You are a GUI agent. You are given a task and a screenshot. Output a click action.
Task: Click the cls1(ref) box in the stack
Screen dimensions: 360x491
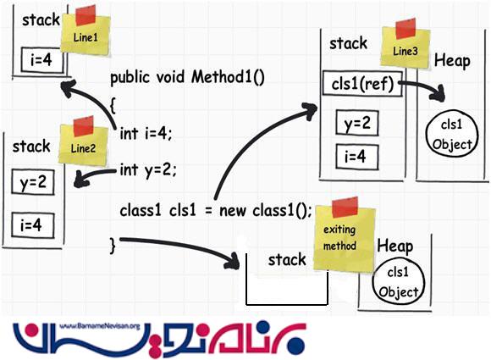click(360, 85)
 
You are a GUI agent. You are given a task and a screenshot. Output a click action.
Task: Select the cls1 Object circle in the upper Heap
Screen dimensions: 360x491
click(450, 134)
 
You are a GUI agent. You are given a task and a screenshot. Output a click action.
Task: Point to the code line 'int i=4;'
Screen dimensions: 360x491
click(146, 132)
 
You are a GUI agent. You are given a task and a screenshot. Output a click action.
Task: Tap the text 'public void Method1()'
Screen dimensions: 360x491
click(188, 78)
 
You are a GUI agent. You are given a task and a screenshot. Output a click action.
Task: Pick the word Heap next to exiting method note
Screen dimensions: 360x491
click(395, 246)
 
